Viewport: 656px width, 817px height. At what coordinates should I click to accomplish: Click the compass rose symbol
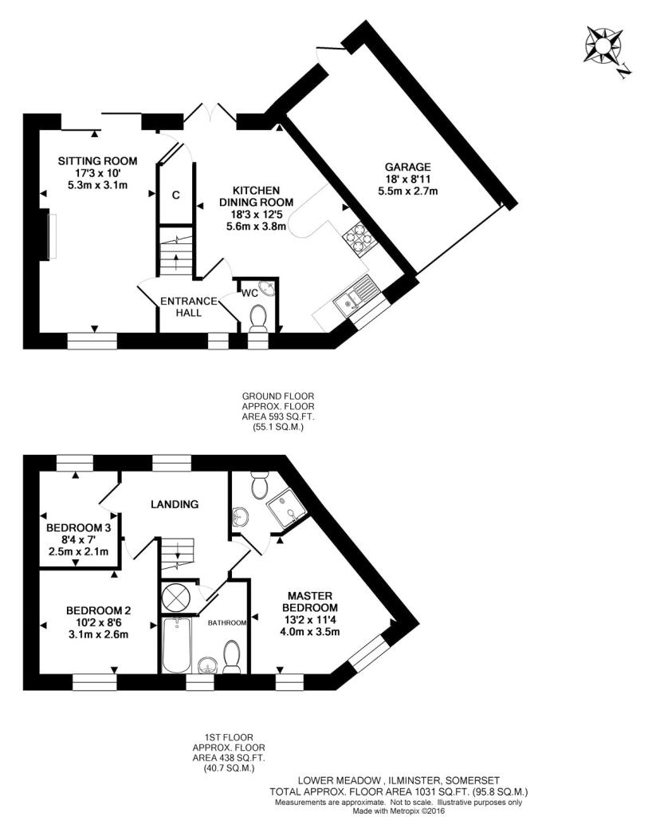point(603,45)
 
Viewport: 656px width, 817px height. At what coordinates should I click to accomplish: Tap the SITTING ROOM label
point(97,161)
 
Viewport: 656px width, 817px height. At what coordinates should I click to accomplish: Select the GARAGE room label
point(407,168)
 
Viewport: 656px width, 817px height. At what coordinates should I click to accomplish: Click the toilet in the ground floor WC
point(258,318)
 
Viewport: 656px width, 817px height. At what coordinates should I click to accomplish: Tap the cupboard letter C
point(176,195)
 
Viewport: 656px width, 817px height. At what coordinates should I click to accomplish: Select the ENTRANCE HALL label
point(188,307)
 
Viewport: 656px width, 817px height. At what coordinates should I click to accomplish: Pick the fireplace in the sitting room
point(50,235)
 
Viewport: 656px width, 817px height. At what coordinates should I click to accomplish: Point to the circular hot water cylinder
point(176,596)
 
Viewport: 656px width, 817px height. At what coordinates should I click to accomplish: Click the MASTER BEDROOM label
point(310,602)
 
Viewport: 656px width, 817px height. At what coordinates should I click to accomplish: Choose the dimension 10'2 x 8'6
point(98,622)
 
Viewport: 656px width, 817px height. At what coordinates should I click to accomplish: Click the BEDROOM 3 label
point(79,528)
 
